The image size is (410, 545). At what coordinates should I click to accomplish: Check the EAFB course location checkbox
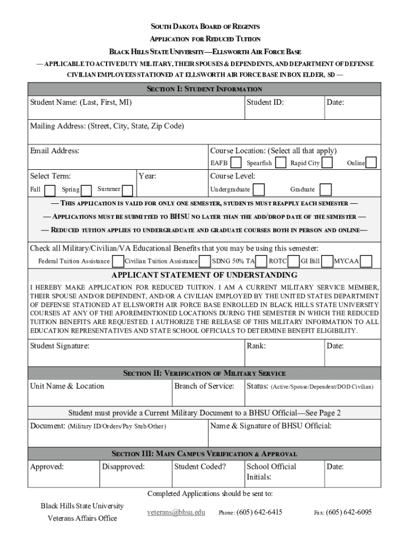coord(236,162)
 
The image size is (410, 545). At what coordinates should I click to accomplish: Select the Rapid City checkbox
coord(328,162)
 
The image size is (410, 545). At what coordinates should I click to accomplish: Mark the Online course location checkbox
coord(371,162)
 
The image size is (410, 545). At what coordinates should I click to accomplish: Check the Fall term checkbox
coord(50,190)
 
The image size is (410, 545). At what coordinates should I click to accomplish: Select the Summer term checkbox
coord(128,189)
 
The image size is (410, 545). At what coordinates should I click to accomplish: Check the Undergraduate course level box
coord(259,189)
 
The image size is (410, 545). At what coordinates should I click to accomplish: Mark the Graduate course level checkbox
coord(325,189)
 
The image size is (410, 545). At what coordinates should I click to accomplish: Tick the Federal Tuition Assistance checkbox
coord(118,261)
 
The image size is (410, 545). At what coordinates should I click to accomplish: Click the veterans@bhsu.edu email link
coord(176,513)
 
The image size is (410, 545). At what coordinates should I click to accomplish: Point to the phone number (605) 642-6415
coord(259,513)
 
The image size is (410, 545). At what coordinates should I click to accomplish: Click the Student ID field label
coord(265,102)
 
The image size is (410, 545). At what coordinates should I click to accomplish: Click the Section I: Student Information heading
coord(205,89)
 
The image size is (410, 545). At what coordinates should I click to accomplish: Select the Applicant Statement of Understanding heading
coord(205,275)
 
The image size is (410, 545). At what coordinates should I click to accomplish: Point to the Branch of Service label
coord(204,386)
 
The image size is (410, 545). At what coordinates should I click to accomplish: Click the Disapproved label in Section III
coord(123,467)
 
